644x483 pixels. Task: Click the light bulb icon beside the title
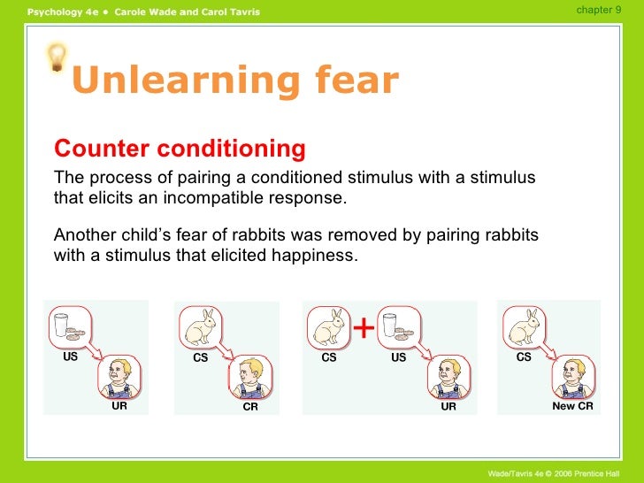coord(57,57)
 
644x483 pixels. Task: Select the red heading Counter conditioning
coord(180,147)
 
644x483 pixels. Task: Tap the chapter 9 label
coord(599,10)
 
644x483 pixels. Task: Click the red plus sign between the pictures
coord(364,329)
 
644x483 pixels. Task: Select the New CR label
coord(572,406)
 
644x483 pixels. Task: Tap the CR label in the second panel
coord(250,407)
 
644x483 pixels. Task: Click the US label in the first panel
coord(70,357)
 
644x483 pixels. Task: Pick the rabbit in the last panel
coord(523,328)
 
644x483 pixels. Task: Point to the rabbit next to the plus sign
coord(328,328)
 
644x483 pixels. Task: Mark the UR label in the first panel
coord(119,406)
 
